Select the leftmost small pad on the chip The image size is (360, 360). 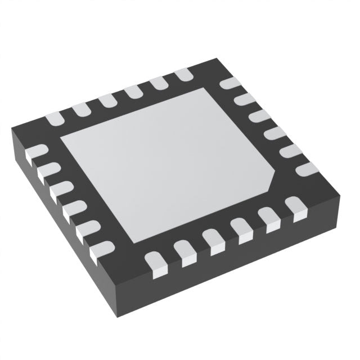(x=38, y=152)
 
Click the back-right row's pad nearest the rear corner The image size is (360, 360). (x=229, y=84)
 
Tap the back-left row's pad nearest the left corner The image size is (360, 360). (x=55, y=119)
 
